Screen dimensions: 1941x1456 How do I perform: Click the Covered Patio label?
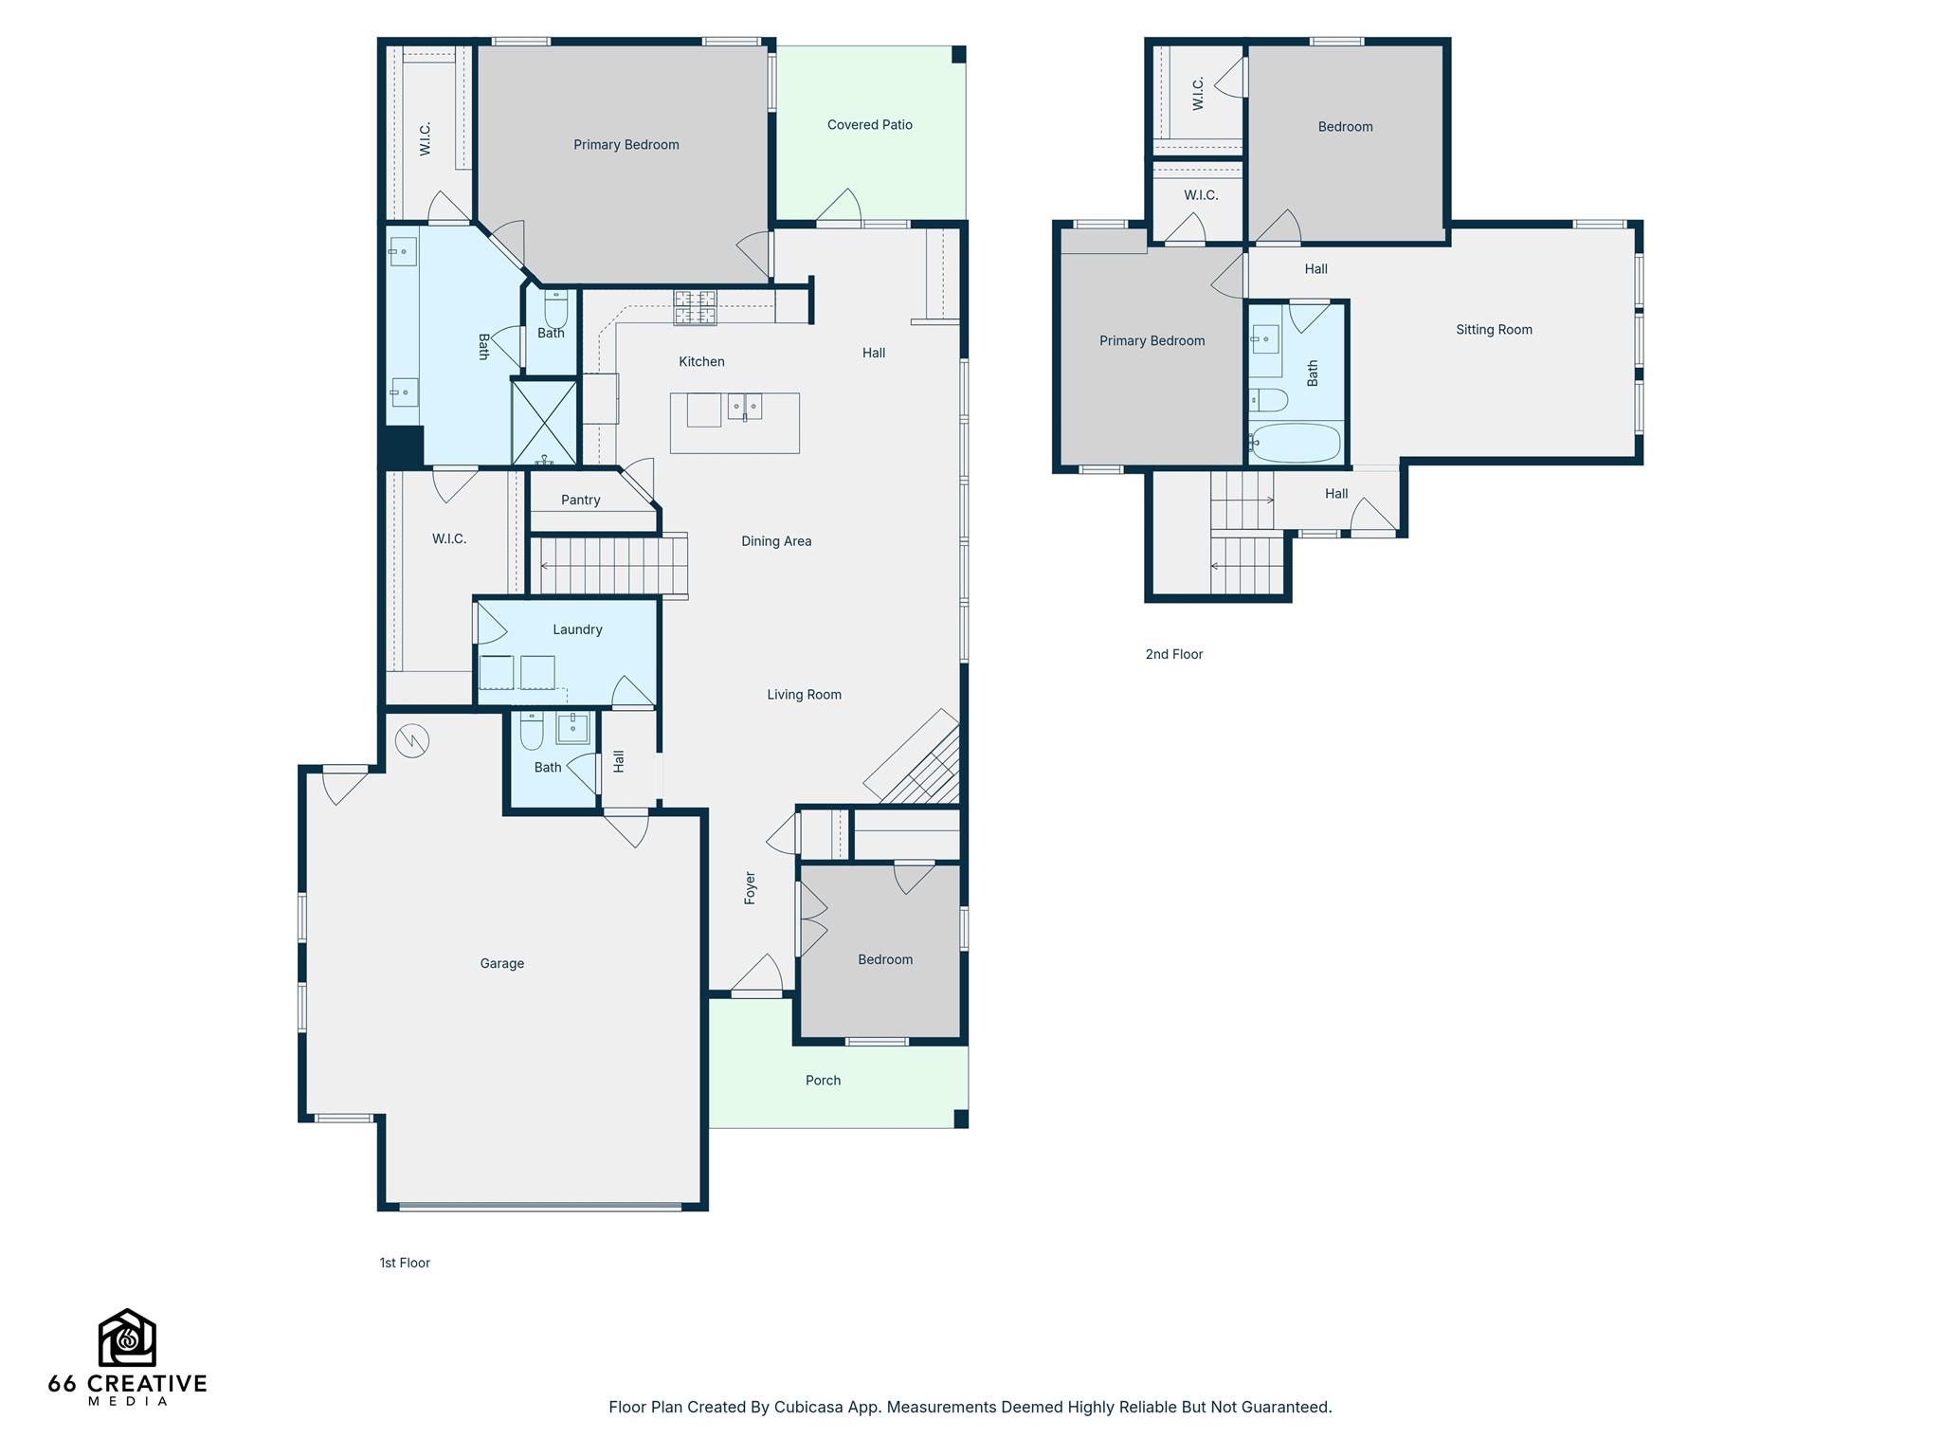[x=869, y=125]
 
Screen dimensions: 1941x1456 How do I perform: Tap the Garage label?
[x=501, y=964]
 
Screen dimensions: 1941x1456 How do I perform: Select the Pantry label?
[x=580, y=500]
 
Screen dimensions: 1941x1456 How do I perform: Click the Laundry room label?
[x=577, y=629]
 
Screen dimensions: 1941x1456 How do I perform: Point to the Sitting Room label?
[x=1494, y=330]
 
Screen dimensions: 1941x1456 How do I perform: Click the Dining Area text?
[x=776, y=541]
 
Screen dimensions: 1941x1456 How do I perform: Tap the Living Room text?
[x=804, y=695]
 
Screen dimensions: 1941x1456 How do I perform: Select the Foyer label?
[x=750, y=887]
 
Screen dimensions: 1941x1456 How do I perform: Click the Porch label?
[x=823, y=1081]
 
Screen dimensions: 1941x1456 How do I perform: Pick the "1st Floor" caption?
[x=405, y=1263]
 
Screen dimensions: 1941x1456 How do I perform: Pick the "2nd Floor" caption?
[x=1173, y=654]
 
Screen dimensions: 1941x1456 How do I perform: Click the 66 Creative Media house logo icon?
[x=127, y=1338]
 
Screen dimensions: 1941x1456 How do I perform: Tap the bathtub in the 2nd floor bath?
[x=1296, y=443]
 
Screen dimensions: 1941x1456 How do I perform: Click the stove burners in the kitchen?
[x=695, y=308]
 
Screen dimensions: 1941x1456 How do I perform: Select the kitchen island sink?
[x=745, y=407]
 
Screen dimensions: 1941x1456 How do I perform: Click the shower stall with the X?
[x=544, y=422]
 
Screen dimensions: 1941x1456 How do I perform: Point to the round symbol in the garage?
[x=413, y=741]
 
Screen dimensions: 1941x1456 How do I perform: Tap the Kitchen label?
[x=701, y=362]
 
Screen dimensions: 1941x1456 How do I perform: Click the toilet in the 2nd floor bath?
[x=1268, y=400]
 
